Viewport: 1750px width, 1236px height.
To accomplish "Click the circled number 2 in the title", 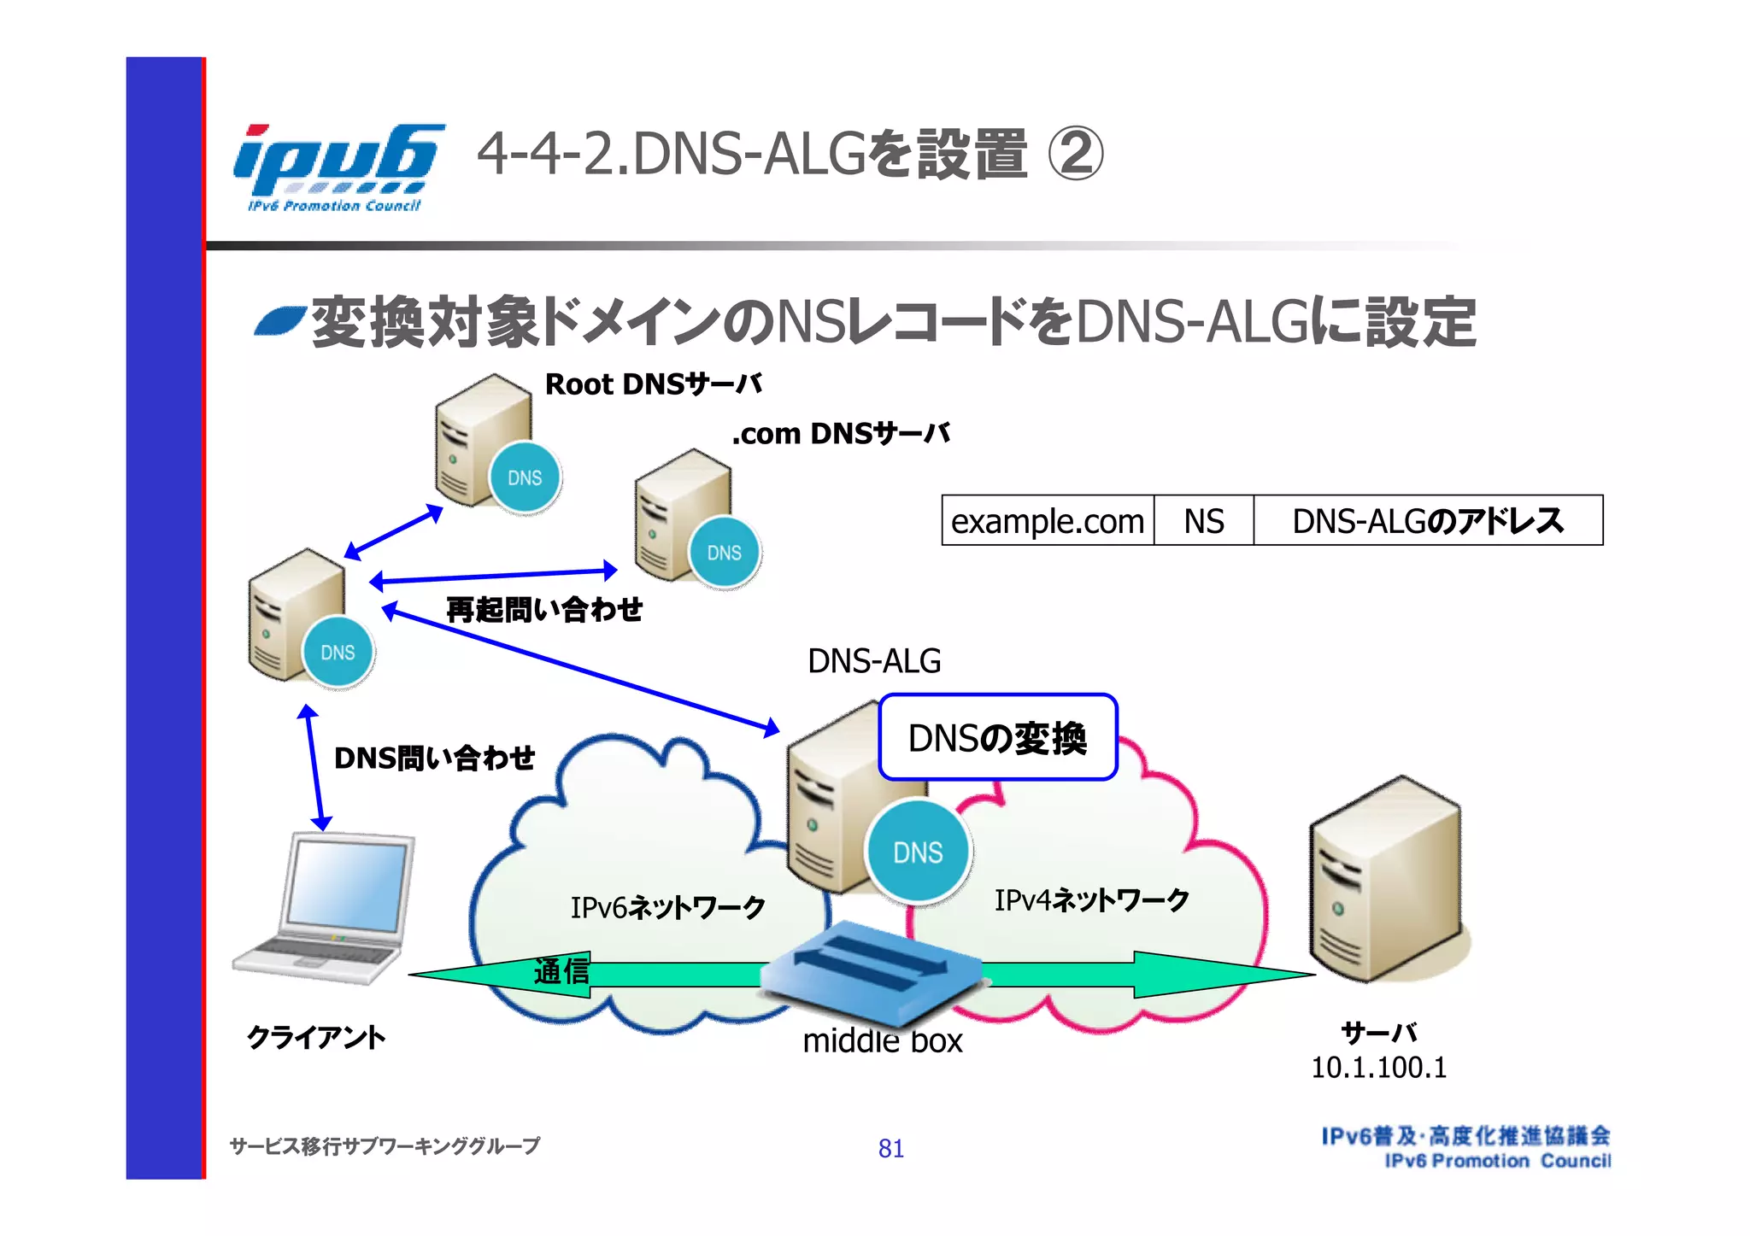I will (1076, 154).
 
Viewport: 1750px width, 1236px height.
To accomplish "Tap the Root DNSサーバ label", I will (653, 384).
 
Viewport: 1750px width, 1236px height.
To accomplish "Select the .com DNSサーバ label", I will (841, 434).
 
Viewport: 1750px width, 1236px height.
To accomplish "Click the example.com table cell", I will (1048, 520).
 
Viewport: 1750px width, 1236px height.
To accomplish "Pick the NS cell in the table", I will (1203, 520).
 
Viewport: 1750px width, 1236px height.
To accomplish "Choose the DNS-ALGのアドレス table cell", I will (1427, 520).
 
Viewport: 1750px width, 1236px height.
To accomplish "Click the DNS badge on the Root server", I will (525, 477).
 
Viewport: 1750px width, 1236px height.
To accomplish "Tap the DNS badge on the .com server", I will (724, 553).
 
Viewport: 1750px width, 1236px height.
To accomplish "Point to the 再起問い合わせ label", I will (544, 610).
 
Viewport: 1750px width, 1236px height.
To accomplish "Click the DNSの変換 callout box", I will (997, 737).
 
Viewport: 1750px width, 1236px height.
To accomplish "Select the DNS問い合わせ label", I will (434, 758).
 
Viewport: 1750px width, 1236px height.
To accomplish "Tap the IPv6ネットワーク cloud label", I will (667, 907).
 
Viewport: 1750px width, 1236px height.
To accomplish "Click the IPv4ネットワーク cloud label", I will (1091, 899).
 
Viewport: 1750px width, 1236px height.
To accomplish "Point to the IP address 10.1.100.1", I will (1378, 1068).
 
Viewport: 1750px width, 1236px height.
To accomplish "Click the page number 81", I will (890, 1148).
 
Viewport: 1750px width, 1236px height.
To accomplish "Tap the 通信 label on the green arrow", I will (561, 971).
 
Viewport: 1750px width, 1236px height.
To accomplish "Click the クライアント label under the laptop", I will (316, 1037).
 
